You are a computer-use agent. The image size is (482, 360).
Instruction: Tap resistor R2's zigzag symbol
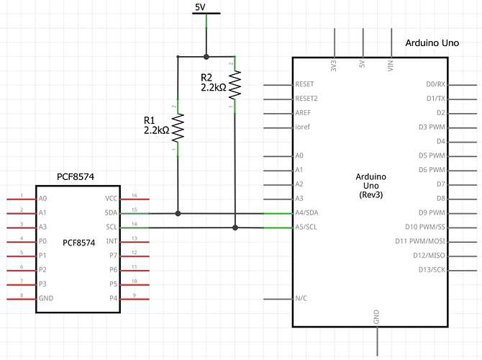tap(235, 85)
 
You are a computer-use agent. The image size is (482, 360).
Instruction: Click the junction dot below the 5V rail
tap(206, 55)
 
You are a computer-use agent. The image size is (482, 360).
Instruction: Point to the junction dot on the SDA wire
tap(178, 213)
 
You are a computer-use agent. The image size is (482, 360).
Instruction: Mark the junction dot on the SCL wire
tap(235, 228)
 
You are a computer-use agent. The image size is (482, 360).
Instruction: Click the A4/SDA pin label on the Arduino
tap(307, 213)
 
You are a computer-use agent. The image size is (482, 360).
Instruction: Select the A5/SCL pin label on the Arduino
tap(307, 228)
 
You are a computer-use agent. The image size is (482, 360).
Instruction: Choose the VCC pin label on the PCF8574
tap(111, 199)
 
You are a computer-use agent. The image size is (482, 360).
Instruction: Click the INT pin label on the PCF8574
tap(112, 241)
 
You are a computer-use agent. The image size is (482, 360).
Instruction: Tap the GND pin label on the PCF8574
tap(46, 298)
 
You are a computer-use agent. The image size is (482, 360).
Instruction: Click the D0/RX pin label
tap(435, 84)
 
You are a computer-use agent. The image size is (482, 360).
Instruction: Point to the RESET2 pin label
tap(306, 99)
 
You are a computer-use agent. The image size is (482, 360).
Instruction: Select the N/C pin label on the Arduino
tap(302, 298)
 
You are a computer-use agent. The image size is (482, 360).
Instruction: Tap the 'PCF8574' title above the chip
tap(76, 176)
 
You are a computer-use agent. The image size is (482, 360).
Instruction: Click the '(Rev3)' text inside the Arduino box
tap(372, 195)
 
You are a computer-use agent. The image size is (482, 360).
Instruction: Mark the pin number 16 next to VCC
tap(134, 196)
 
